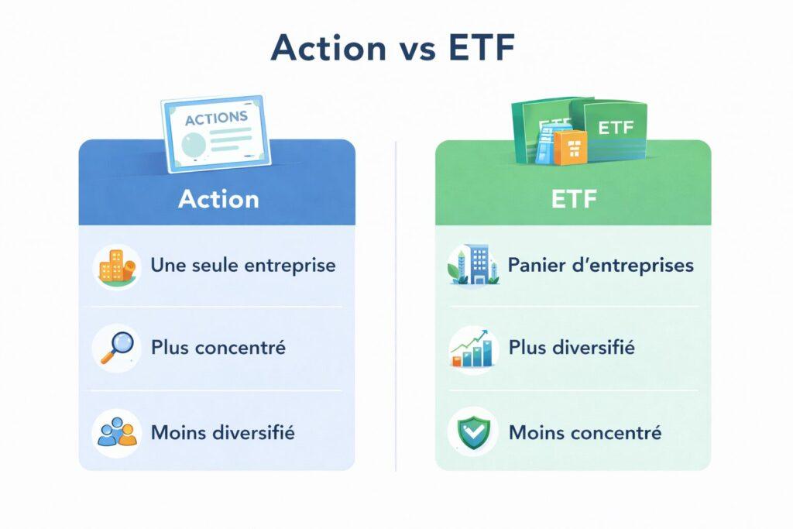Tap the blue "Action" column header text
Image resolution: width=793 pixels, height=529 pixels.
(x=218, y=199)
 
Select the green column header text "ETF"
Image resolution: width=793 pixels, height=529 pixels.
(x=573, y=199)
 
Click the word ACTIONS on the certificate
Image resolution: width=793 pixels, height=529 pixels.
(x=216, y=119)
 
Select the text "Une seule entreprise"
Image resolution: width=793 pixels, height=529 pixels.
(x=243, y=266)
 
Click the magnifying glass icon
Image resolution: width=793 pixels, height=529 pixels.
(x=116, y=347)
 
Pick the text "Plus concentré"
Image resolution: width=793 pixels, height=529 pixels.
(x=218, y=347)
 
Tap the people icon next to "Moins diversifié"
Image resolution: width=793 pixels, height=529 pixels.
(x=115, y=431)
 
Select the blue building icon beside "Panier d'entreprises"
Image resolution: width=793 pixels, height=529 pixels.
(x=471, y=266)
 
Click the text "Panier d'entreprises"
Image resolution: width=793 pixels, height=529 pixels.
(x=600, y=266)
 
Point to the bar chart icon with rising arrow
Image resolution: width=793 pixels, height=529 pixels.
(x=472, y=348)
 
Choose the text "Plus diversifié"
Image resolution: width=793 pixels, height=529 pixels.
(x=572, y=348)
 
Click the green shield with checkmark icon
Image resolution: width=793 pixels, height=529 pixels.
(x=472, y=431)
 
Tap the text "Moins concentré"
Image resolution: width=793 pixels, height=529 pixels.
(x=585, y=432)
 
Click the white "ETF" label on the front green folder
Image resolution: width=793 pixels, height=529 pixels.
(x=615, y=127)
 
